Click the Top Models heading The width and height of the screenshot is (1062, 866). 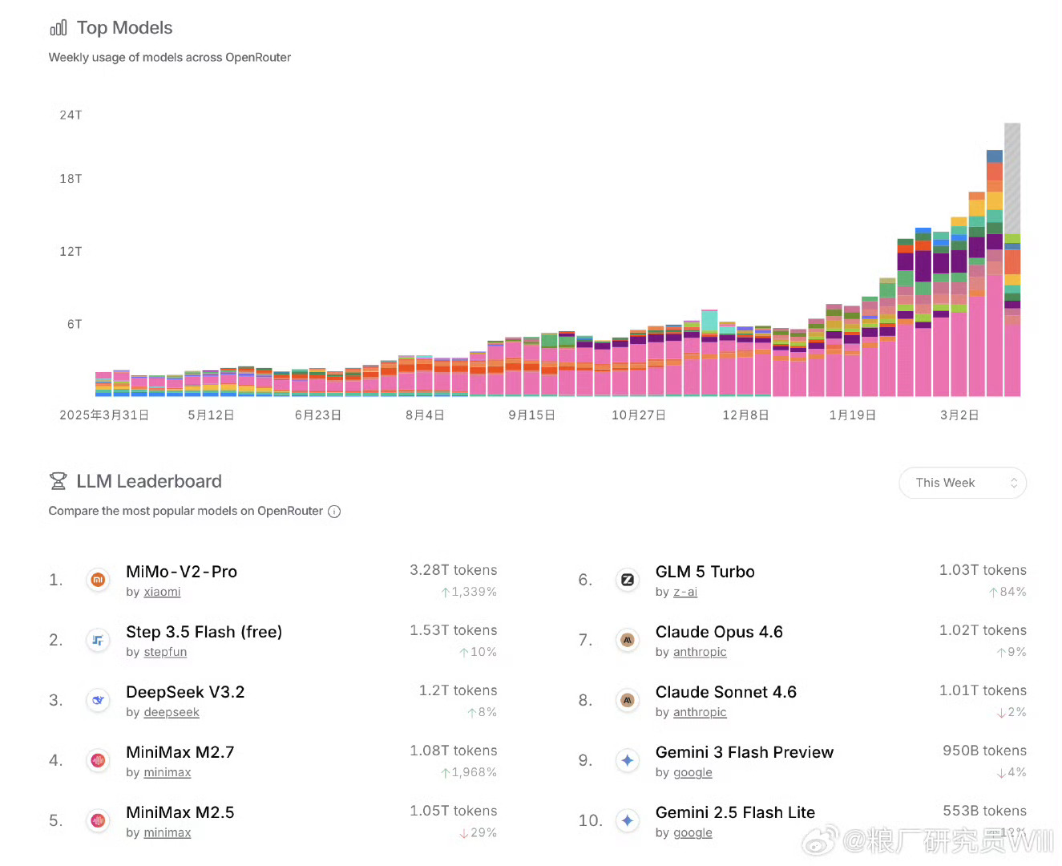[x=124, y=28]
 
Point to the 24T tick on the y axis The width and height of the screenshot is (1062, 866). [x=71, y=115]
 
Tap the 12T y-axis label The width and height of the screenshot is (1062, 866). [x=71, y=252]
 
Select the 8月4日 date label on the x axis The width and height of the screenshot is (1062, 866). [x=425, y=415]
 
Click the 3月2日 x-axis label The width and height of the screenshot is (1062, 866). [x=959, y=415]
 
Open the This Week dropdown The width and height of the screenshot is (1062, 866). [x=962, y=483]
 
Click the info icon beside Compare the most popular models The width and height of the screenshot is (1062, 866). [x=334, y=512]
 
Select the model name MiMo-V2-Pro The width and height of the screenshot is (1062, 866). [x=181, y=572]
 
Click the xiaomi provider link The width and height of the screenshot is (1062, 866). [x=162, y=592]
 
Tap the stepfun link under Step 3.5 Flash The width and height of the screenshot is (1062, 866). [x=165, y=652]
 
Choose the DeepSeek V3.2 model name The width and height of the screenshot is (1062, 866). [x=185, y=692]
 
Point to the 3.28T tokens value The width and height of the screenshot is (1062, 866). [x=453, y=570]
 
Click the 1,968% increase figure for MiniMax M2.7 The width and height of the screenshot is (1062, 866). [x=473, y=772]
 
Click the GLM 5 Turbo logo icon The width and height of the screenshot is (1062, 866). [x=628, y=580]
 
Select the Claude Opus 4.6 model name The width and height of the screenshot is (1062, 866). [x=719, y=632]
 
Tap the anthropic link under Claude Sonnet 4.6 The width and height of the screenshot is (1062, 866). [x=700, y=712]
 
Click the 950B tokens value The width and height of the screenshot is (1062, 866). [x=984, y=751]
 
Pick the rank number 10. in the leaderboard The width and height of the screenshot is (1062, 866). [x=590, y=820]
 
